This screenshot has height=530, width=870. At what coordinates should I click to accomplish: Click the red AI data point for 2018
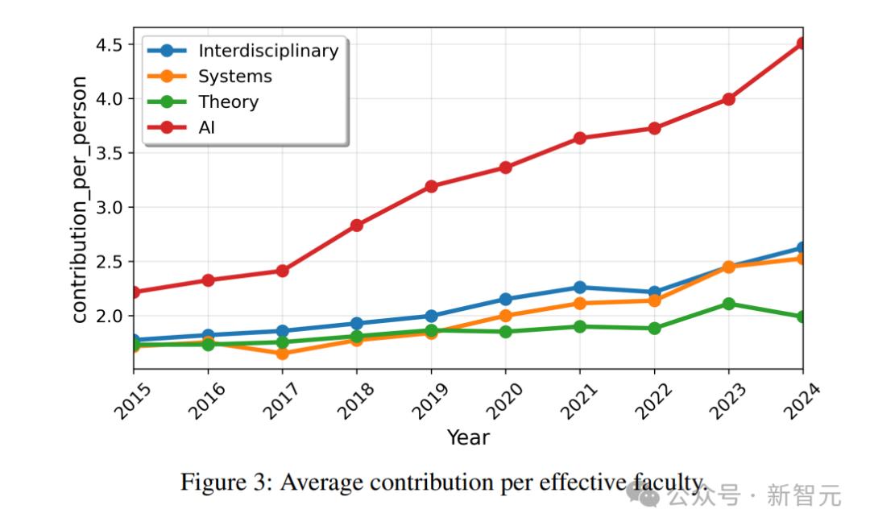coord(356,226)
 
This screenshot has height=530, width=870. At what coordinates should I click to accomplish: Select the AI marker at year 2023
coord(728,99)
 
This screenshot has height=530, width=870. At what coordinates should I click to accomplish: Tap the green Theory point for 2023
coord(728,304)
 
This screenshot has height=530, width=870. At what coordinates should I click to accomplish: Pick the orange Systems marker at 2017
coord(282,354)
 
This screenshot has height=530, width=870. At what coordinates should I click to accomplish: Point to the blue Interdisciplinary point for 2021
coord(579,288)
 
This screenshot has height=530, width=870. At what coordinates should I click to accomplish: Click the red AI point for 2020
coord(505,168)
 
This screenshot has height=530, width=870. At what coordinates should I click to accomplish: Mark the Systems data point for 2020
coord(505,316)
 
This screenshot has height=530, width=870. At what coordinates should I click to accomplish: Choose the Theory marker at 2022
coord(654,328)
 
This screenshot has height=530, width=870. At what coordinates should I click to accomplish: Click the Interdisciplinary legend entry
coord(267,51)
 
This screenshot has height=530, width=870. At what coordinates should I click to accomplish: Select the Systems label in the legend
coord(234,77)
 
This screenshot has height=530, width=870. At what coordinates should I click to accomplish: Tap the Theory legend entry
coord(228,101)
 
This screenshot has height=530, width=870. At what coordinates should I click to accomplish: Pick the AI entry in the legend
coord(206,126)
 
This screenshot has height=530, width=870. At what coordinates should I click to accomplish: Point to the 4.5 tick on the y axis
coord(109,44)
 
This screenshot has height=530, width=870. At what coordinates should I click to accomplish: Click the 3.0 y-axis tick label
coord(109,207)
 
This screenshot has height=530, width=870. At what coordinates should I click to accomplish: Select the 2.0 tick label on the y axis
coord(109,316)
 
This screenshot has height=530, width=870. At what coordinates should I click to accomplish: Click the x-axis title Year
coord(468,437)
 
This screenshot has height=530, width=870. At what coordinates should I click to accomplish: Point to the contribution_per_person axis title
coord(80,199)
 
